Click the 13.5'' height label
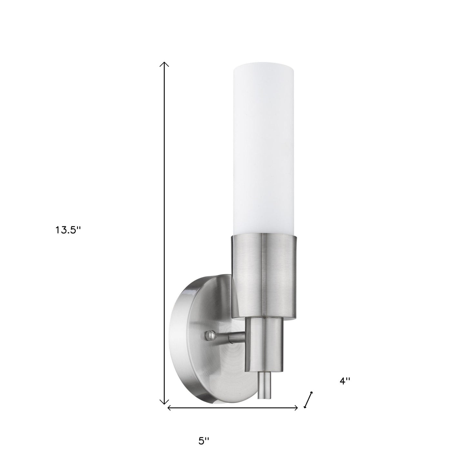point(67,230)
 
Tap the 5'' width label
point(204,441)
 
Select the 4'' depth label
point(345,381)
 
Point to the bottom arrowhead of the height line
point(165,402)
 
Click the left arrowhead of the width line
point(169,408)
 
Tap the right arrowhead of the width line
point(296,408)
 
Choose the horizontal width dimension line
point(232,408)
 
